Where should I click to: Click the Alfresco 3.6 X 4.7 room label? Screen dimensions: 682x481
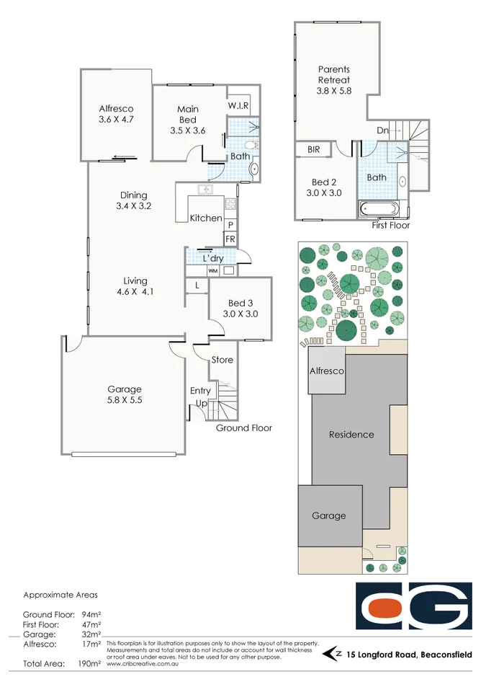pos(116,114)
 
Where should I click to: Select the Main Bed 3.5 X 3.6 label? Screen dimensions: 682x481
pos(188,120)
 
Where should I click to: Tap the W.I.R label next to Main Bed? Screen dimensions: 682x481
pos(238,106)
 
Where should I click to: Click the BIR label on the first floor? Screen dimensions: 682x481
pos(313,150)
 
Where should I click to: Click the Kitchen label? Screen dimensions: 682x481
pos(206,218)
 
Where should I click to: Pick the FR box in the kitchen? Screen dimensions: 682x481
pos(230,239)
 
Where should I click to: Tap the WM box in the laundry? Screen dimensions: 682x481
pos(212,270)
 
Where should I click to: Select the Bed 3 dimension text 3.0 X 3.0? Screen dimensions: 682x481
pos(240,314)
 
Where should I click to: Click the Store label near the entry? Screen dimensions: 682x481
pos(222,360)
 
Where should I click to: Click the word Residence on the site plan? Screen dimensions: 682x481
pos(351,435)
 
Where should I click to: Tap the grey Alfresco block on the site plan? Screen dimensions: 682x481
pos(327,371)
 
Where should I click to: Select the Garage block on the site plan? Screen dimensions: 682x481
pos(329,515)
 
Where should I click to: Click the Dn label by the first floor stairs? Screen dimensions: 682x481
pos(382,130)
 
